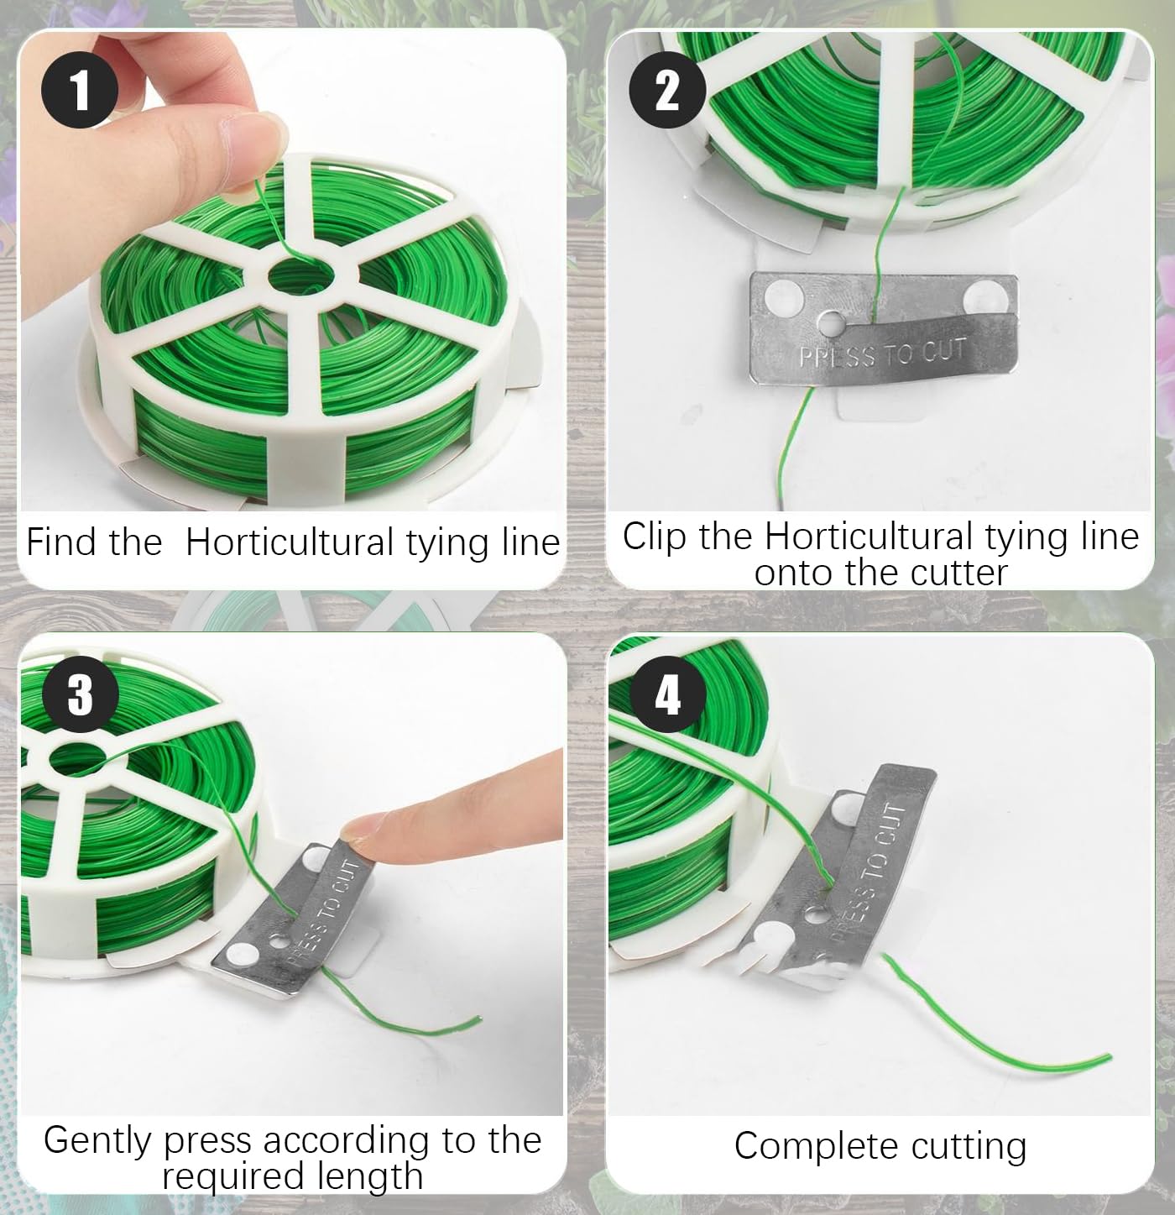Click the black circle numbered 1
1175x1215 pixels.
click(x=80, y=91)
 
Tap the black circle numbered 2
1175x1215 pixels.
click(x=668, y=91)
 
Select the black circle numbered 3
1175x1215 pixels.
click(x=81, y=694)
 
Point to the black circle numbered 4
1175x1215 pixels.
click(x=668, y=694)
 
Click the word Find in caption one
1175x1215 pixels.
click(x=63, y=541)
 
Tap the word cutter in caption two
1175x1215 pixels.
click(x=959, y=572)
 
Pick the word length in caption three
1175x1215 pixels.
click(x=370, y=1177)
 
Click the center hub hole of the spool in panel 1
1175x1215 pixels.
click(x=301, y=275)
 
